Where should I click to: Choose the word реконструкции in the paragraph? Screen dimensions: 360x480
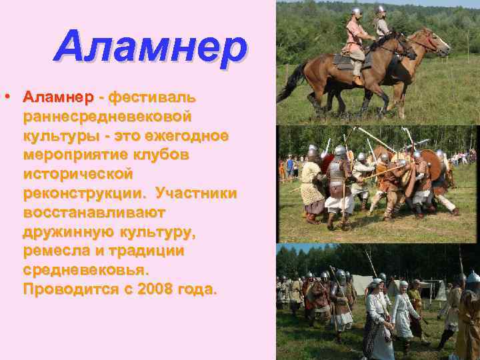(x=85, y=193)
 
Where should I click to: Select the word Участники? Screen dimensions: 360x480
(x=196, y=193)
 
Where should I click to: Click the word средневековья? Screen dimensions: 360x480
(x=86, y=271)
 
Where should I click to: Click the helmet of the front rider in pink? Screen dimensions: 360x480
(x=357, y=12)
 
